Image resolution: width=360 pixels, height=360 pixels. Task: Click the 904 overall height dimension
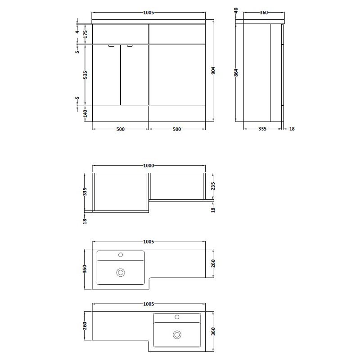pyautogui.click(x=213, y=71)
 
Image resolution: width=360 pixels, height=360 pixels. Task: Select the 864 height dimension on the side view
pyautogui.click(x=236, y=72)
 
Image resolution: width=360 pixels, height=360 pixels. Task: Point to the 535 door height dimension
pyautogui.click(x=85, y=75)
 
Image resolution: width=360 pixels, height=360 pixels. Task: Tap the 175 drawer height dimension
pyautogui.click(x=85, y=34)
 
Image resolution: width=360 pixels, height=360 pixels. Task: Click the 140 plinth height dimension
pyautogui.click(x=85, y=113)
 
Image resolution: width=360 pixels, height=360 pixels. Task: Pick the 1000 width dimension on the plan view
pyautogui.click(x=148, y=166)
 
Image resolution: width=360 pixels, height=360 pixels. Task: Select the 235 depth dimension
pyautogui.click(x=213, y=186)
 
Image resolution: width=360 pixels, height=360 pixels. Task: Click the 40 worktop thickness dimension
pyautogui.click(x=236, y=10)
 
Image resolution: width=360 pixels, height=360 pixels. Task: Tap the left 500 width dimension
pyautogui.click(x=121, y=129)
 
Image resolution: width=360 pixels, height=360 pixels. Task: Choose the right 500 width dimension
pyautogui.click(x=177, y=129)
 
